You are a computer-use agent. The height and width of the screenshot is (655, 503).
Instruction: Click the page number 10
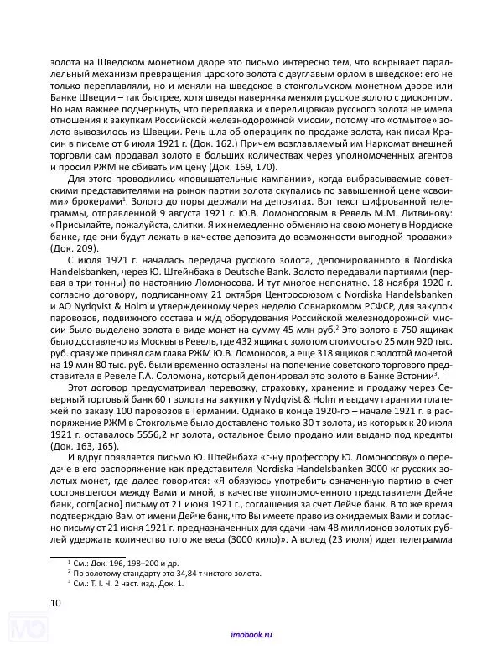click(x=55, y=602)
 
